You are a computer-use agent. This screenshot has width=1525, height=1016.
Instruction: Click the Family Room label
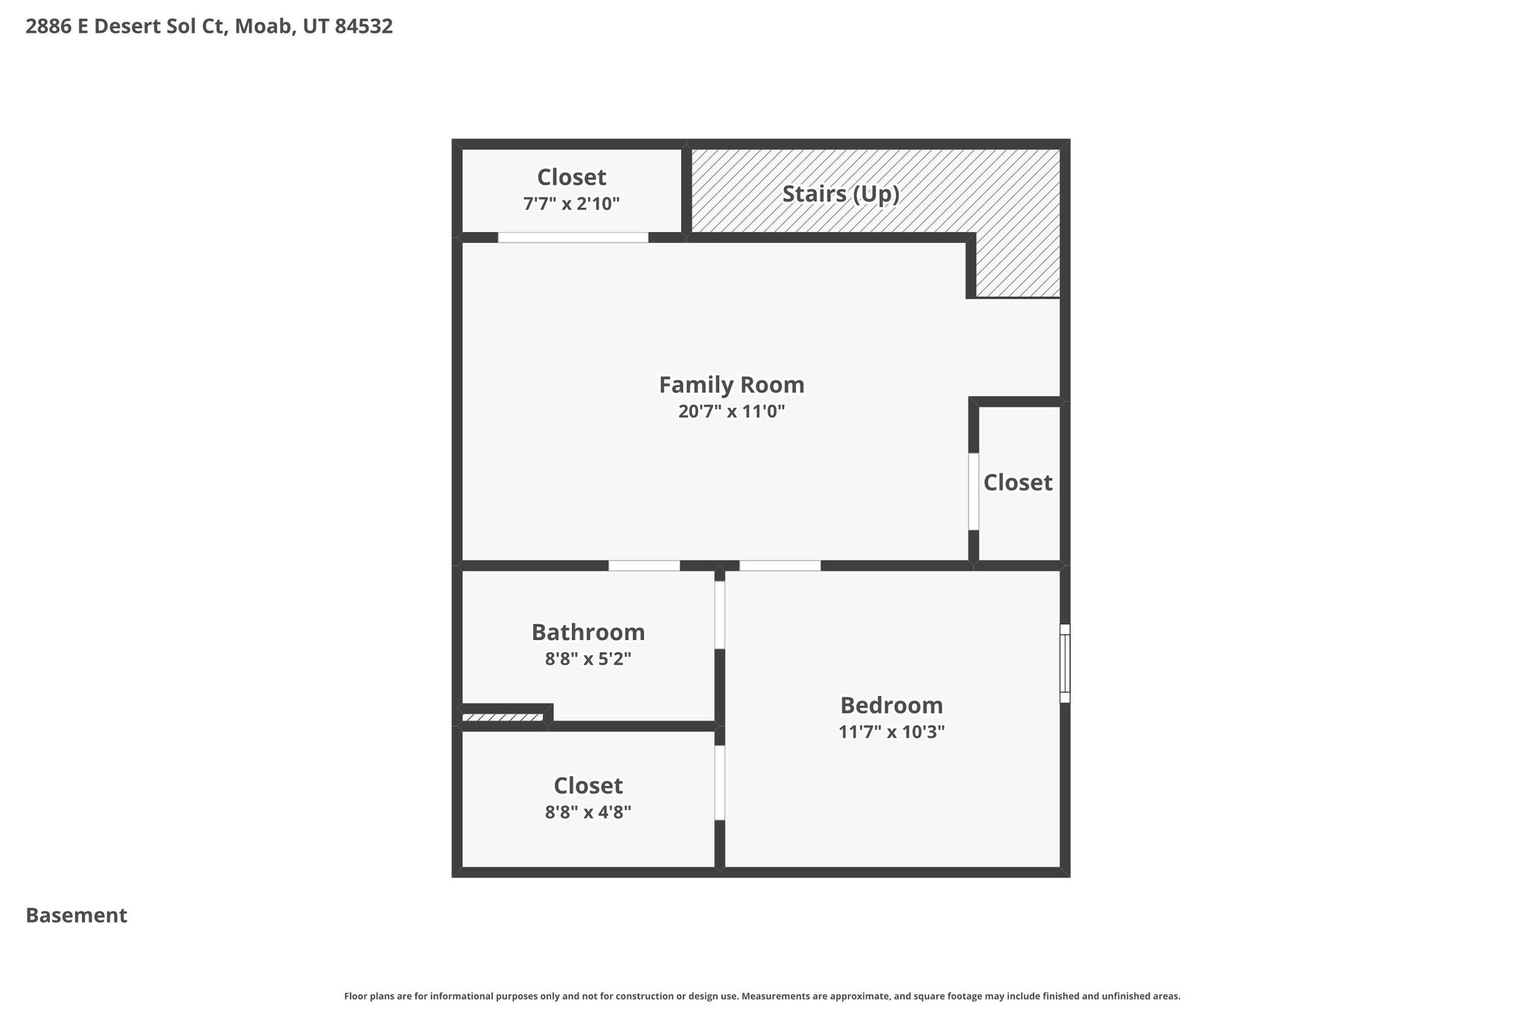tap(731, 385)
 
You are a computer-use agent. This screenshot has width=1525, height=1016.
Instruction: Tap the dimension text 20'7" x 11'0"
tap(731, 412)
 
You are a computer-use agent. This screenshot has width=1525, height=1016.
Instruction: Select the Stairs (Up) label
tap(841, 194)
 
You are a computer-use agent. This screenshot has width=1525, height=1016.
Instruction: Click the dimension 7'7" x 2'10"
tap(571, 204)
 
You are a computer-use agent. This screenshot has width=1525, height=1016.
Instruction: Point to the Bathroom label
tap(588, 632)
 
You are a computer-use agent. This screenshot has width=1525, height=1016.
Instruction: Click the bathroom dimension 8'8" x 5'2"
tap(588, 659)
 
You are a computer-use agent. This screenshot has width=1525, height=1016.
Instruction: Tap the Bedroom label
tap(891, 705)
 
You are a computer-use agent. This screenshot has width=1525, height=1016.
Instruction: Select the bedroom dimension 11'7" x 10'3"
tap(891, 732)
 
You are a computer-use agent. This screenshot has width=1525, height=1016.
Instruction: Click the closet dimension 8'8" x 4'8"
tap(588, 812)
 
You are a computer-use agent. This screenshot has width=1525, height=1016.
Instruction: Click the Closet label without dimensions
tap(1017, 482)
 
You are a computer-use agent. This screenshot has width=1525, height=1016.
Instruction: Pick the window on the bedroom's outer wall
tap(1065, 663)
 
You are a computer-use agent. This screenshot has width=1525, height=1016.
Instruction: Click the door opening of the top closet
tap(573, 237)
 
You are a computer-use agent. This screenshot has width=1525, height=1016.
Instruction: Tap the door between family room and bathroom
tap(644, 566)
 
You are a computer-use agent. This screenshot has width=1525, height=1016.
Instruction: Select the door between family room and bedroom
tap(780, 566)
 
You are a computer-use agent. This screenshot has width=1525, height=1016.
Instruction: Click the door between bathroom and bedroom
tap(719, 615)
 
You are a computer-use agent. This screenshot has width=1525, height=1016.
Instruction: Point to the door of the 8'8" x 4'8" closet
tap(719, 782)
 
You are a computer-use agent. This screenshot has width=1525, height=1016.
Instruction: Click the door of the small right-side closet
tap(973, 491)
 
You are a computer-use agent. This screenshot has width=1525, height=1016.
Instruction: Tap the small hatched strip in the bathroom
tap(503, 718)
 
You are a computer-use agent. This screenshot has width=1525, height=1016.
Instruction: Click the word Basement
tap(76, 916)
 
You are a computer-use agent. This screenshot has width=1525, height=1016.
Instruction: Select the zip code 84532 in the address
tap(363, 27)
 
